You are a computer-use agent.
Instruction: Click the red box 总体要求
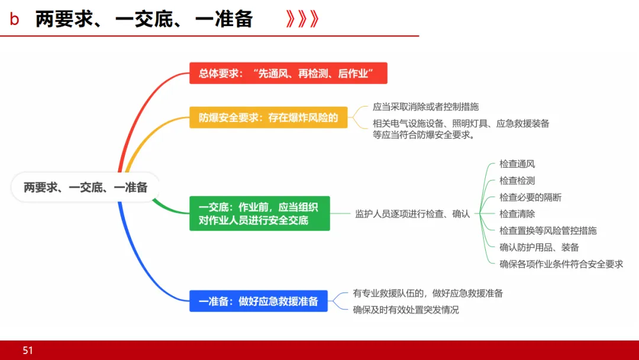(x=288, y=73)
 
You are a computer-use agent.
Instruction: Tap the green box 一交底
(x=259, y=214)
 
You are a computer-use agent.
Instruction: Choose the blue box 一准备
(x=259, y=301)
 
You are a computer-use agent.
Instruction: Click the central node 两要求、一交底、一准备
(x=86, y=188)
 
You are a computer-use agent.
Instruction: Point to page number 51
(x=28, y=351)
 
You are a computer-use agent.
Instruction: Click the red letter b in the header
(x=14, y=20)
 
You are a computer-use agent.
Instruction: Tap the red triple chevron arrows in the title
(x=302, y=20)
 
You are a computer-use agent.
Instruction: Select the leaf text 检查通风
(x=517, y=164)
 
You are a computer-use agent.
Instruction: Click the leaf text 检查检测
(x=517, y=181)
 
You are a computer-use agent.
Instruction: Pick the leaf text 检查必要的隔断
(x=530, y=197)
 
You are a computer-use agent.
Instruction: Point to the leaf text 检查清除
(x=517, y=214)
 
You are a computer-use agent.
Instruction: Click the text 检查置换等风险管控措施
(x=548, y=230)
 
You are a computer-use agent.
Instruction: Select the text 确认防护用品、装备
(x=539, y=247)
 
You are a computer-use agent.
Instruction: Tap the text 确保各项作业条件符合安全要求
(x=561, y=264)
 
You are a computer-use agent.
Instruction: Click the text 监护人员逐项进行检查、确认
(x=412, y=214)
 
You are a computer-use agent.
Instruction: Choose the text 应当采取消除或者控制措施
(x=425, y=107)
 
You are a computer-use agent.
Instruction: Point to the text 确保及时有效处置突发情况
(x=406, y=310)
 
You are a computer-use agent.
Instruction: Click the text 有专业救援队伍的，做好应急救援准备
(x=428, y=293)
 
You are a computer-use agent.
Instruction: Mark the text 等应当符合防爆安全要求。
(x=425, y=134)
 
